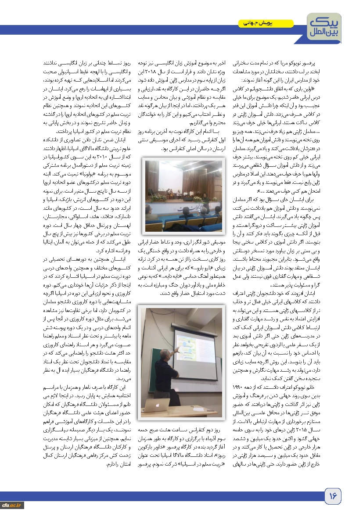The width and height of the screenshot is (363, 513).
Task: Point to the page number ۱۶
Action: tap(333, 496)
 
